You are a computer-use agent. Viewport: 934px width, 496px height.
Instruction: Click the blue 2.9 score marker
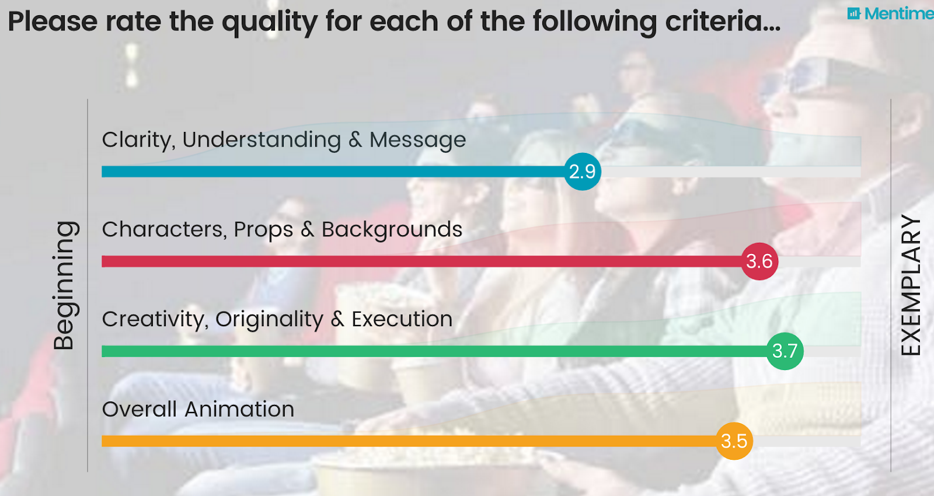(583, 172)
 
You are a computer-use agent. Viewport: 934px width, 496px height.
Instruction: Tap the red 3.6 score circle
(759, 261)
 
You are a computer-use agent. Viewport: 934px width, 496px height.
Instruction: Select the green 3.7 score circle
(785, 351)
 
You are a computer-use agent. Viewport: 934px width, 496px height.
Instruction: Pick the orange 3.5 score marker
(734, 441)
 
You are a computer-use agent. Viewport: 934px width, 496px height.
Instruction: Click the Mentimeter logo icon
(853, 14)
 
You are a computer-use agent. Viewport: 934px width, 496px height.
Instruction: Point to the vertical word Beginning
(66, 285)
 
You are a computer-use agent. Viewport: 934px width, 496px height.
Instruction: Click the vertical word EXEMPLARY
(911, 285)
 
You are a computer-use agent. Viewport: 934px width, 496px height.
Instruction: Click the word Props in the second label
(263, 230)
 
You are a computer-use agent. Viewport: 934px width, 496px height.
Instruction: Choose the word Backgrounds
(392, 230)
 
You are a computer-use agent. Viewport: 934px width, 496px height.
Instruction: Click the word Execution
(402, 319)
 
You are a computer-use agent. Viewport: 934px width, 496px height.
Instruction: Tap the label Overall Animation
(198, 409)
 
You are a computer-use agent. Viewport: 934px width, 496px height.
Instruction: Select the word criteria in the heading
(723, 21)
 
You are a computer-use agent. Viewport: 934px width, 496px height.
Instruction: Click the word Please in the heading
(53, 21)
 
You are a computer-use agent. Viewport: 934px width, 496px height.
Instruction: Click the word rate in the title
(134, 22)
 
